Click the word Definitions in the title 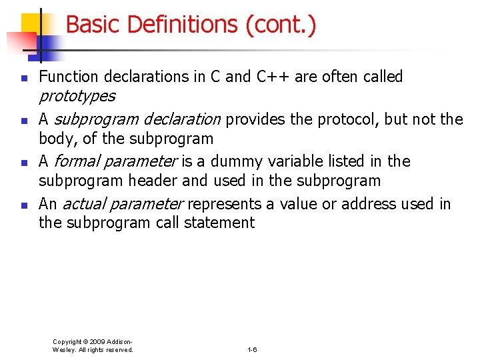click(181, 25)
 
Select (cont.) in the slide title click(280, 25)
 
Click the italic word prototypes click(77, 97)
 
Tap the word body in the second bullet click(56, 139)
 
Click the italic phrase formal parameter click(115, 161)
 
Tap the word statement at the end click(221, 223)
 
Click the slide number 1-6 click(252, 349)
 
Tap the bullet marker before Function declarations click(23, 79)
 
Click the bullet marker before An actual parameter click(23, 205)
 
